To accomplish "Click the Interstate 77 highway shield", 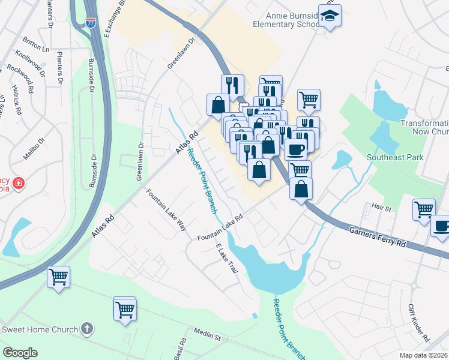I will pos(90,23).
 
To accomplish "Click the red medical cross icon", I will pos(18,182).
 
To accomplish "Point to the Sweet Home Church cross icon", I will pos(87,328).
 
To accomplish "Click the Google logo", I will pos(20,353).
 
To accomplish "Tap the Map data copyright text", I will pos(424,355).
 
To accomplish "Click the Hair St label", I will pos(381,208).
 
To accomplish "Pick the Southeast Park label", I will pos(396,157).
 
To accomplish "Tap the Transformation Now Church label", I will pos(425,127).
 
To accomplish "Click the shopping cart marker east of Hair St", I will pos(424,209).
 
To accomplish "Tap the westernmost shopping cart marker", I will pos(59,277).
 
